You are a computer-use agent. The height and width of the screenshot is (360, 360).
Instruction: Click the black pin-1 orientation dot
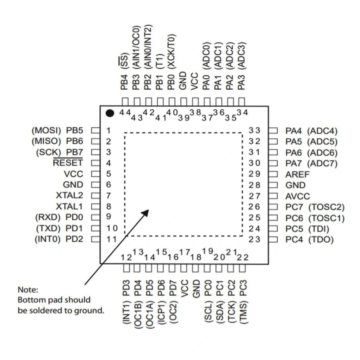110,113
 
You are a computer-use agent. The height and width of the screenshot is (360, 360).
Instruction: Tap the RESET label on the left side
68,163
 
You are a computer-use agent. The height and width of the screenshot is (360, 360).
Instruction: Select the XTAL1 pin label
70,207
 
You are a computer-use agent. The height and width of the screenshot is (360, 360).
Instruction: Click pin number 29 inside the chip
254,174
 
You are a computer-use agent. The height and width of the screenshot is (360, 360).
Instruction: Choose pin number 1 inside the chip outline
108,130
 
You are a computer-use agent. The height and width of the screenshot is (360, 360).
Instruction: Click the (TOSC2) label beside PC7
326,207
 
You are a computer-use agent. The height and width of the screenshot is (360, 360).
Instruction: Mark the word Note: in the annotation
28,289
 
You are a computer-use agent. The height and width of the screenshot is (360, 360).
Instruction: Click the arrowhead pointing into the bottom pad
145,213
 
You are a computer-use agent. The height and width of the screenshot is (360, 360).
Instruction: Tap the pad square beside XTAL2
95,196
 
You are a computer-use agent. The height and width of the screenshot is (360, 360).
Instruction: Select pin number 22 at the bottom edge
243,257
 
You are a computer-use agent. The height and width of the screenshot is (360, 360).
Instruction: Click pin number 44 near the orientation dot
125,113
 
